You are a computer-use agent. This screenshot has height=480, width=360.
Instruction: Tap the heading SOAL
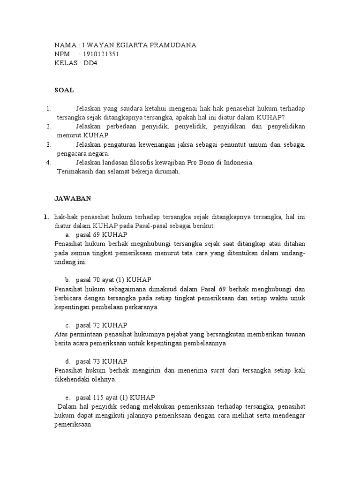64,90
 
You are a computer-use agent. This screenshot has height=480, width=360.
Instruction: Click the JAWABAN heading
73,198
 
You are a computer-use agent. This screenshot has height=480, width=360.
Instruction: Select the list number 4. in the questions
48,163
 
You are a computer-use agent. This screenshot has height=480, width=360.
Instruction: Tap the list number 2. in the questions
48,127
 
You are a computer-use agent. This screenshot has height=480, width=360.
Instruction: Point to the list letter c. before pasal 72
68,325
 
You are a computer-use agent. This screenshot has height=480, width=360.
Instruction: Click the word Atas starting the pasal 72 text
61,334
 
